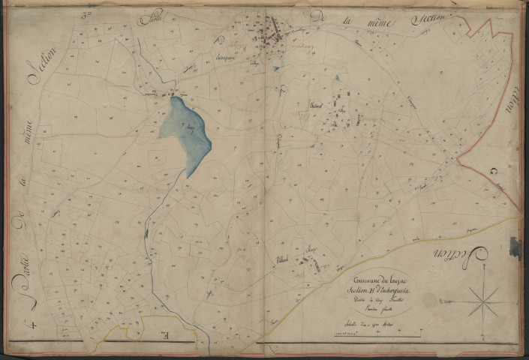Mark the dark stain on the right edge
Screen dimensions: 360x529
pos(515,247)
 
